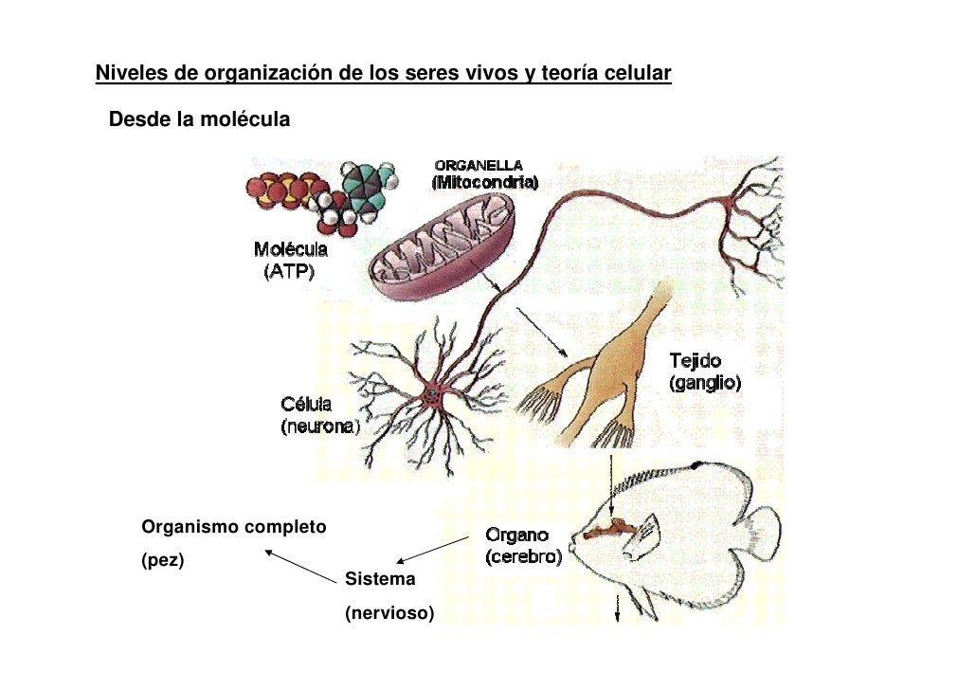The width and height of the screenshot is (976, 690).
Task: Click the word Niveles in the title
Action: [x=127, y=73]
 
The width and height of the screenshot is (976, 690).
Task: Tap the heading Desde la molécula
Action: [x=199, y=120]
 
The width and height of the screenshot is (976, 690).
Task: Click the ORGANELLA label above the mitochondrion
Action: [x=478, y=166]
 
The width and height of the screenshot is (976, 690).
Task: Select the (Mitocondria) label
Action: [x=484, y=182]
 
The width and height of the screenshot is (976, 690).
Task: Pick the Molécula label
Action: [x=290, y=250]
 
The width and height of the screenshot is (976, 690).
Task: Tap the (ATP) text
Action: [x=288, y=270]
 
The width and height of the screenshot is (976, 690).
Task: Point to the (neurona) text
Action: [x=319, y=427]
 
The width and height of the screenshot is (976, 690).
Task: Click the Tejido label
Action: [x=696, y=361]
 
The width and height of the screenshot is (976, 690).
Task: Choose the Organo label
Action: [x=516, y=536]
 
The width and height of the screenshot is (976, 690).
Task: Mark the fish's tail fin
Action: [x=758, y=531]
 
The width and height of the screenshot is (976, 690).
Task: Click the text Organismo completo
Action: [x=233, y=526]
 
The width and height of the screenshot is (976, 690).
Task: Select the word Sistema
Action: [x=379, y=578]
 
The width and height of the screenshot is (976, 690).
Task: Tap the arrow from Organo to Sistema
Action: [x=432, y=551]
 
